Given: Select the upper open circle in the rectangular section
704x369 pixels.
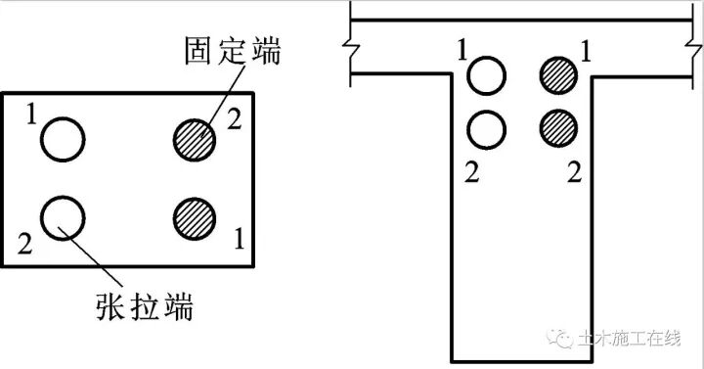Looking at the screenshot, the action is click(x=63, y=138).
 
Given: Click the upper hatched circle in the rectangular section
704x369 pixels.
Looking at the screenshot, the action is click(x=194, y=138).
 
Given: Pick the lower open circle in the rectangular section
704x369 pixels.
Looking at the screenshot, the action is click(x=63, y=214).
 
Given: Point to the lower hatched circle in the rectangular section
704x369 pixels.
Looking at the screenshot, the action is click(x=194, y=216).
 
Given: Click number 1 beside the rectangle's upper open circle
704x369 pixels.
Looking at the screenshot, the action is click(x=32, y=117).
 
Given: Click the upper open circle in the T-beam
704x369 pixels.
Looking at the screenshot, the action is click(x=487, y=74).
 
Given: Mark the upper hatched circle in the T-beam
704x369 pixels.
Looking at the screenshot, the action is click(x=557, y=74).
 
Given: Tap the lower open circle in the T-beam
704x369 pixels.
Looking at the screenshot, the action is click(x=487, y=125).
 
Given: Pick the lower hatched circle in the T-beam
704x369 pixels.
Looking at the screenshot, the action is click(x=557, y=125).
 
